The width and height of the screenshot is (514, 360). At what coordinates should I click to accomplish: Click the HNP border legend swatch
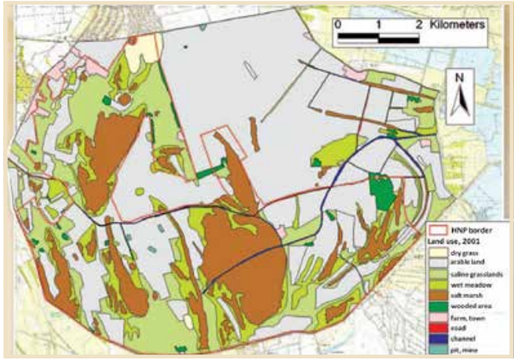439,232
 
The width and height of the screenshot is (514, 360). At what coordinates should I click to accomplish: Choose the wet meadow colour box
439,287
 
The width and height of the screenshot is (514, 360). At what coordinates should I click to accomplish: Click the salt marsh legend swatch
439,298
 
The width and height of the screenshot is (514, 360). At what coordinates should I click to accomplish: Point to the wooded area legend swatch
439,308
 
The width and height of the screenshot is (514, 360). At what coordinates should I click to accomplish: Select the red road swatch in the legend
439,330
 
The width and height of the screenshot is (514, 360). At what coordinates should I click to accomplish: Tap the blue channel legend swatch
439,341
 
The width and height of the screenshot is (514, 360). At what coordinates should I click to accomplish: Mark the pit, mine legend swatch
439,352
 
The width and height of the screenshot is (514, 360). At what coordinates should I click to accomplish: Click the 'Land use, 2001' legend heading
459,243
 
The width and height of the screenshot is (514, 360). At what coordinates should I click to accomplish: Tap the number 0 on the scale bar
338,23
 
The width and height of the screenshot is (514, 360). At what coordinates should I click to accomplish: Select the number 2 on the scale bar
420,23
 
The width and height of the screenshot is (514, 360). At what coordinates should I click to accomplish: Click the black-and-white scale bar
379,36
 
